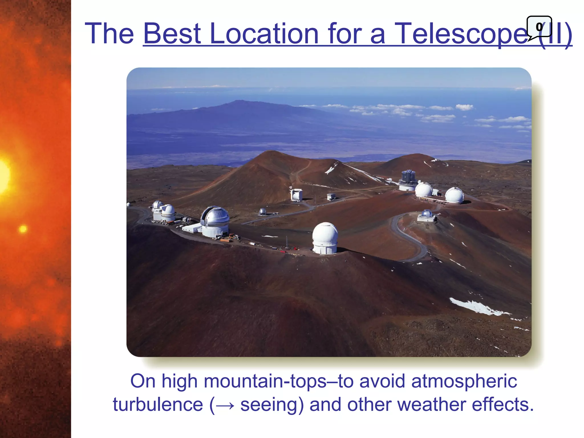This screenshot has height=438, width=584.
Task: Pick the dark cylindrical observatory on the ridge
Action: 408,180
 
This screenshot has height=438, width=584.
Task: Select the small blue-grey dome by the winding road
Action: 427,215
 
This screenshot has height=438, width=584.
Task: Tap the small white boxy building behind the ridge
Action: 297,195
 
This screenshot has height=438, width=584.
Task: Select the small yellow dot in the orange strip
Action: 23,229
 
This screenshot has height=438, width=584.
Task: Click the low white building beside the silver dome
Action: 192,228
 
